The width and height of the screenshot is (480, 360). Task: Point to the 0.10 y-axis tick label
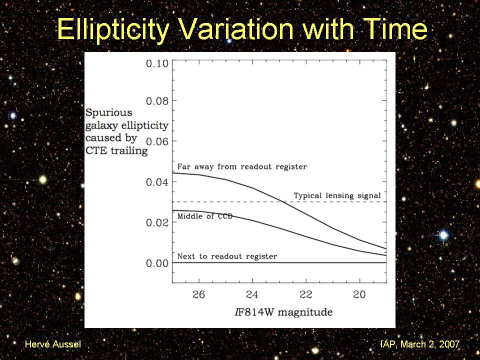[157, 63]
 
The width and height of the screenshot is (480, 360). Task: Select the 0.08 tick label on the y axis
[157, 101]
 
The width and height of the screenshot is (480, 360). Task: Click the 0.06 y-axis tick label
[157, 141]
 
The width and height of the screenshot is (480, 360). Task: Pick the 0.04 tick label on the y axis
[157, 182]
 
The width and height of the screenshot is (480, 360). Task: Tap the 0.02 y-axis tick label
[157, 222]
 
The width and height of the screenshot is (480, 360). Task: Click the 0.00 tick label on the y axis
[157, 263]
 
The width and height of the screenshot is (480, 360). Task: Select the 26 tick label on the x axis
[199, 295]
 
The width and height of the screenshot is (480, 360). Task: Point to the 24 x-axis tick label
[252, 295]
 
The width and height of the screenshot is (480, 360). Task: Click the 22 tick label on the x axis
[306, 295]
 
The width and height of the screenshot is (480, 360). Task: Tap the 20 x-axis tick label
[359, 295]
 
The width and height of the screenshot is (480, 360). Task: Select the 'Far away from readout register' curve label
[242, 166]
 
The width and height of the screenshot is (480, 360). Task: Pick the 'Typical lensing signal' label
[337, 195]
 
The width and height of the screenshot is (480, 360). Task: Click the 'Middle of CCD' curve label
[205, 216]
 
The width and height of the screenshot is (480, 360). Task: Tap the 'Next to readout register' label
[227, 256]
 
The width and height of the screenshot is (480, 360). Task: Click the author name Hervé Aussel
[52, 344]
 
